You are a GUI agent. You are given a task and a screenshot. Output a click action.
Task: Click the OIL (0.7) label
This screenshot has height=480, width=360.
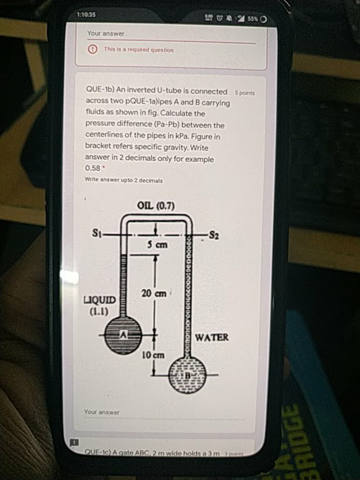(155, 206)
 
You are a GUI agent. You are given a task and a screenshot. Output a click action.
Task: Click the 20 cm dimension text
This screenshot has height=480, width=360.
(153, 293)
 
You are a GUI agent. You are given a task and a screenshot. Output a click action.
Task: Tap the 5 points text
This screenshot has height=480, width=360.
(245, 94)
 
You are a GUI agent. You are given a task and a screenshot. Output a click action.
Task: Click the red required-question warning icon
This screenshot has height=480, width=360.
(93, 50)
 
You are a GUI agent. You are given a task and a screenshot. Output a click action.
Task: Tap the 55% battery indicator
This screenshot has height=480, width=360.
(253, 19)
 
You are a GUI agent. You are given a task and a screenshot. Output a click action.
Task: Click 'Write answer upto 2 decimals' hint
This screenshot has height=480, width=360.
(124, 179)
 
